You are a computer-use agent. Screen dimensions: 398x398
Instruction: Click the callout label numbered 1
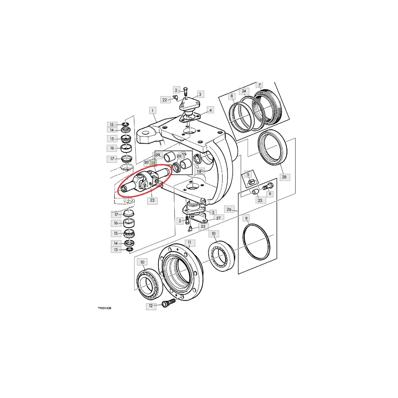[152, 110]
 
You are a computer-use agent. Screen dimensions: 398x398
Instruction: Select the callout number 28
[284, 177]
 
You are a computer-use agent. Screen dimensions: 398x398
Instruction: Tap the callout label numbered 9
[246, 218]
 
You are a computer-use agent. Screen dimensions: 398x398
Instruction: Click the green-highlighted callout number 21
[153, 163]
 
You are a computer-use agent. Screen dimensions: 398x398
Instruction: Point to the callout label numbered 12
[151, 306]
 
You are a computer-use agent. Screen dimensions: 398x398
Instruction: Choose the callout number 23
[152, 200]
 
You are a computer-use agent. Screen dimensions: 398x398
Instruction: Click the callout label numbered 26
[229, 209]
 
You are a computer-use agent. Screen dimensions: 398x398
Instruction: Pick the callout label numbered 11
[189, 243]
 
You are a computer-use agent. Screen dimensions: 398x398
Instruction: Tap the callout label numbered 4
[210, 110]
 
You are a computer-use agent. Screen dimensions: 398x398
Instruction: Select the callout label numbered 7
[259, 85]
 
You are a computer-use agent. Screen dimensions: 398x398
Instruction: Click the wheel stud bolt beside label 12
[168, 302]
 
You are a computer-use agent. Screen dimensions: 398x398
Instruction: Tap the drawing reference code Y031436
[105, 308]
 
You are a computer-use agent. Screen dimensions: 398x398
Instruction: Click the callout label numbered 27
[218, 218]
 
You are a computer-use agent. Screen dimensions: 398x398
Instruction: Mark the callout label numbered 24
[244, 91]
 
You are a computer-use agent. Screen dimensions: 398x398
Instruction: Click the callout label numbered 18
[199, 171]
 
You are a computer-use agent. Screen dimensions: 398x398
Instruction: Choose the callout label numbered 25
[260, 200]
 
